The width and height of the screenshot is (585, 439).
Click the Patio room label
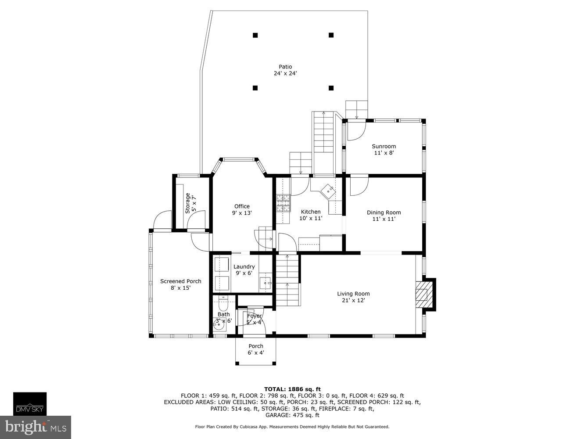(x=285, y=67)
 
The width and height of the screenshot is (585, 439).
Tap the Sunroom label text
(x=384, y=146)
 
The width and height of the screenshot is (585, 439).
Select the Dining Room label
(x=384, y=212)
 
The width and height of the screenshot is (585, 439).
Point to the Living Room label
(x=353, y=294)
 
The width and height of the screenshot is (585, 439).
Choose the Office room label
(x=242, y=206)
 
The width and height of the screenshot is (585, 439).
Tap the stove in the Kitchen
(x=284, y=203)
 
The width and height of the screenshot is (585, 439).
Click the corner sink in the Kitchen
(x=328, y=191)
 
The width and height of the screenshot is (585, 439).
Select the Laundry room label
(x=244, y=266)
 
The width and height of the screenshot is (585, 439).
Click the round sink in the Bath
(x=218, y=324)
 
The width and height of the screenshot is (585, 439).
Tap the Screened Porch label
(x=180, y=281)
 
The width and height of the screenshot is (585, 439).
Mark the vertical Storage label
(x=188, y=203)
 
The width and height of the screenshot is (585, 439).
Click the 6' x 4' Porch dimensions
(x=256, y=353)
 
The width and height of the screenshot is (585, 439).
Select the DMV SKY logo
(x=29, y=404)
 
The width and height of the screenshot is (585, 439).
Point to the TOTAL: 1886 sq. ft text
(x=292, y=389)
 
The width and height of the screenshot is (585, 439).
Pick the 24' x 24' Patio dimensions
(x=285, y=74)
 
